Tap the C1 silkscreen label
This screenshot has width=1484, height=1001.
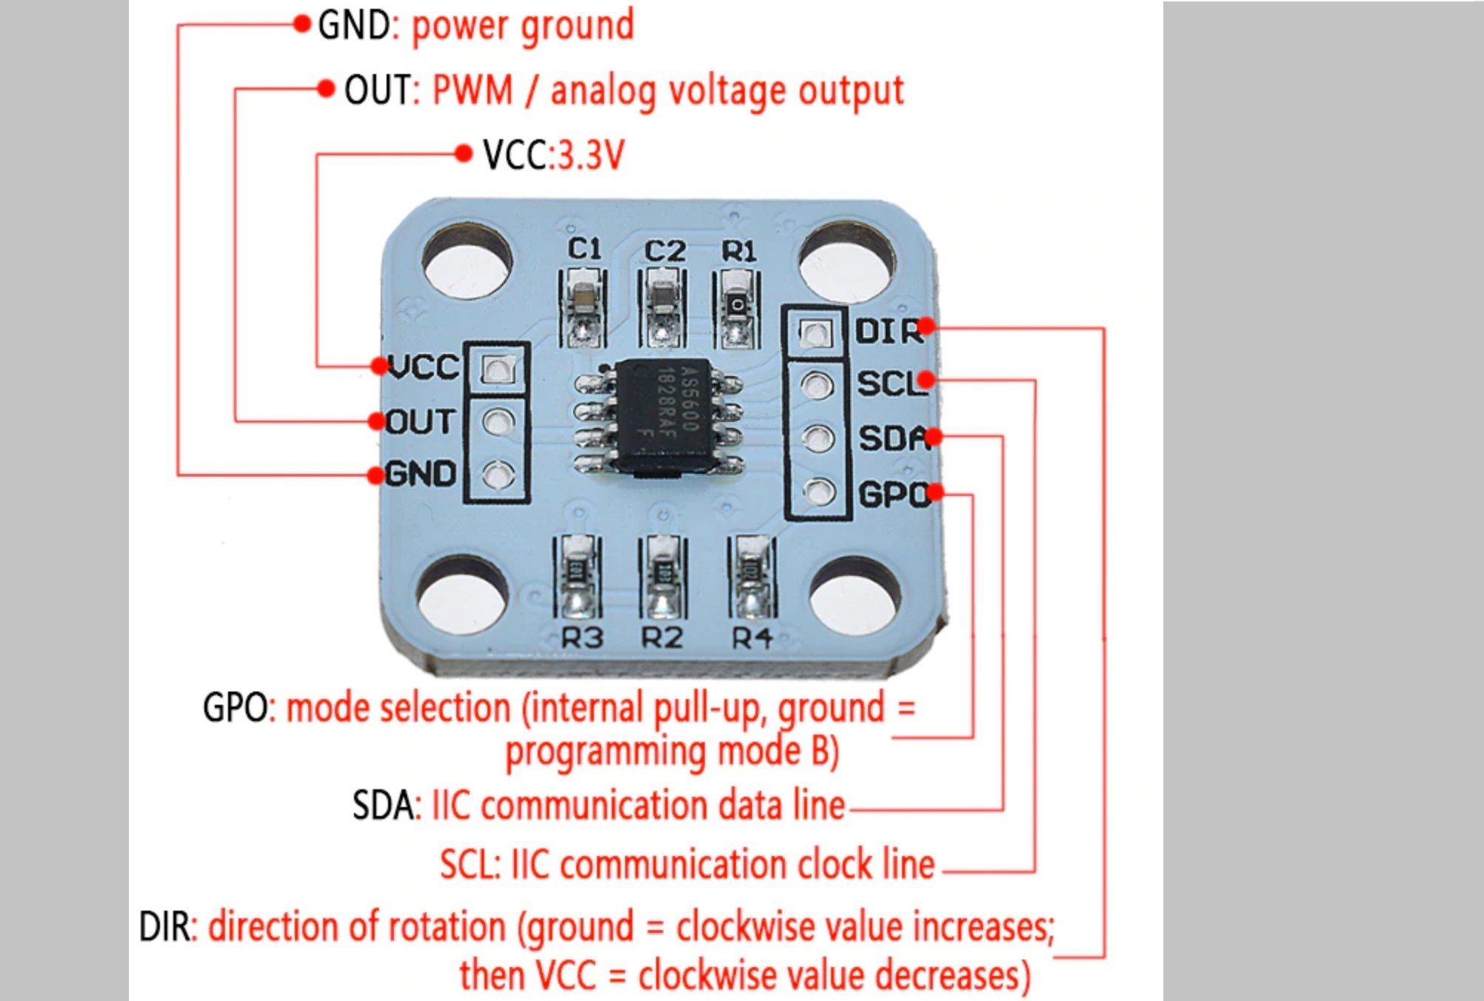click(584, 249)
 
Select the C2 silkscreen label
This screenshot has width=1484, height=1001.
click(664, 251)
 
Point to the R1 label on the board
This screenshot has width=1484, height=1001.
click(739, 251)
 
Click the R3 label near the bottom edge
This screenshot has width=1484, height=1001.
click(582, 637)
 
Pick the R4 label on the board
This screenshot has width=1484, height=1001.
click(752, 637)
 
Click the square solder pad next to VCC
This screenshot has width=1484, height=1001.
click(498, 368)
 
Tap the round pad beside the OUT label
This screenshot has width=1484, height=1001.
click(498, 422)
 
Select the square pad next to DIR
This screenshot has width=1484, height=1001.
click(815, 333)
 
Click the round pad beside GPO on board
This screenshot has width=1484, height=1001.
click(818, 491)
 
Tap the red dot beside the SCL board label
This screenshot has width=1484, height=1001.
click(926, 381)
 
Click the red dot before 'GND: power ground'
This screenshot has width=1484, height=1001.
click(301, 24)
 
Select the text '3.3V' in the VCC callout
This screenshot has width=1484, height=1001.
click(590, 155)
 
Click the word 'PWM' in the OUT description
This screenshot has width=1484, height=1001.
click(472, 91)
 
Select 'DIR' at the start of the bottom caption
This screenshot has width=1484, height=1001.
click(164, 927)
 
